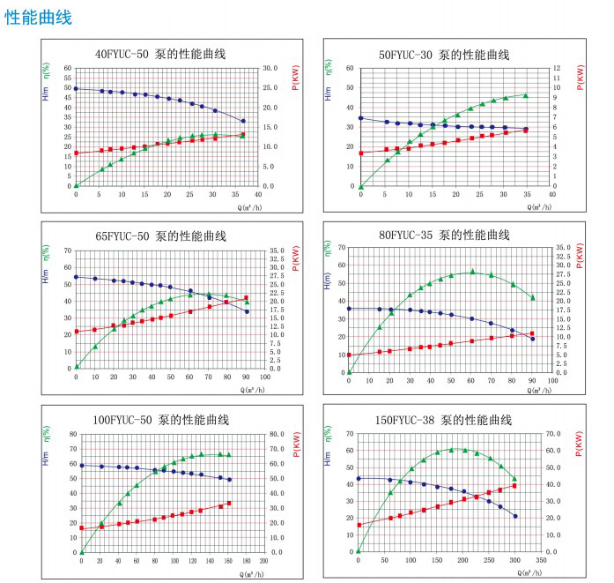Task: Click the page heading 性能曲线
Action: tap(38, 17)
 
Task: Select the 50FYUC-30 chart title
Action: tap(444, 55)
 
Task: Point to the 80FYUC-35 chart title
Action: tap(444, 235)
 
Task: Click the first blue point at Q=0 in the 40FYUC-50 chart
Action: tap(76, 88)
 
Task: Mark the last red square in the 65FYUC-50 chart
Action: tap(247, 297)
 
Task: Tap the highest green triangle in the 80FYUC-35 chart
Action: tap(472, 271)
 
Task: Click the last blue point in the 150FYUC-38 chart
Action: tap(515, 516)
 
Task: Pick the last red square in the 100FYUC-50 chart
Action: tap(229, 503)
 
